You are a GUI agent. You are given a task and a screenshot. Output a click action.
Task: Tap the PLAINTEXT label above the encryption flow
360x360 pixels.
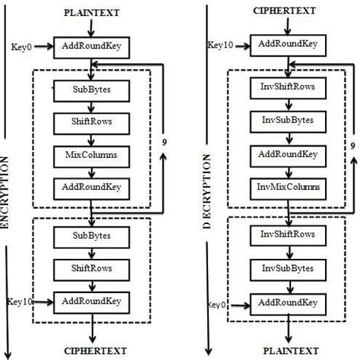[91, 11]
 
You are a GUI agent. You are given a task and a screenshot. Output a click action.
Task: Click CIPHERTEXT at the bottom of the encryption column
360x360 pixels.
[92, 350]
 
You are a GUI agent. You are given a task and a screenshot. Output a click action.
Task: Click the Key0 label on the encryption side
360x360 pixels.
[21, 47]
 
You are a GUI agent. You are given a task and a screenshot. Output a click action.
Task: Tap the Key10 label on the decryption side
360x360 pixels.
[219, 46]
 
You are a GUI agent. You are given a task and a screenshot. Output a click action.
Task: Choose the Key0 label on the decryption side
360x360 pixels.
[219, 305]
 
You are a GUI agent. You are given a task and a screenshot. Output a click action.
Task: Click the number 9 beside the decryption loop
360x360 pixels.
[352, 146]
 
